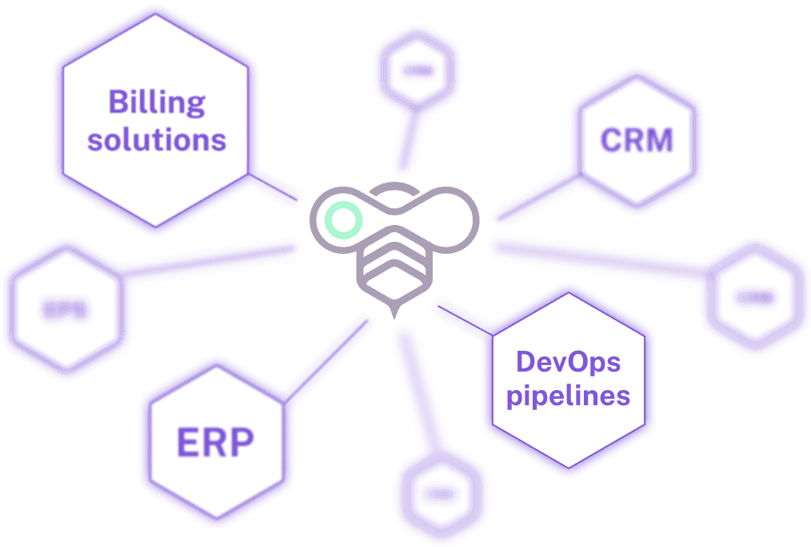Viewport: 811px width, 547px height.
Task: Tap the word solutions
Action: point(157,140)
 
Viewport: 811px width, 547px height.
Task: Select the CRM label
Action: point(637,141)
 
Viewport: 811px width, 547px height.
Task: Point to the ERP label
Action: point(215,442)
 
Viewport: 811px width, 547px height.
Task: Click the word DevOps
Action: point(569,361)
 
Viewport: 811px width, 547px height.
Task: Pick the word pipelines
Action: point(569,396)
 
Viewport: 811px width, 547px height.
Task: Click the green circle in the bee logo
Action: point(343,220)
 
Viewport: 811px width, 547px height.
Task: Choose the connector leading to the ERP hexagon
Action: point(328,357)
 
